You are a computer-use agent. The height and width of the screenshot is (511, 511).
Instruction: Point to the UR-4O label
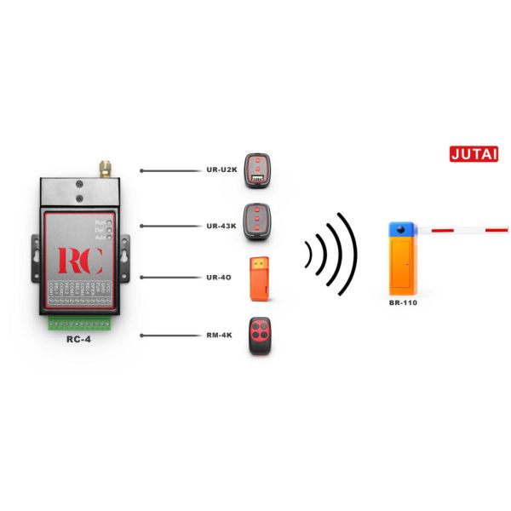(x=220, y=278)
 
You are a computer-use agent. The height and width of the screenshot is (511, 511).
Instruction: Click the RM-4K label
(x=221, y=336)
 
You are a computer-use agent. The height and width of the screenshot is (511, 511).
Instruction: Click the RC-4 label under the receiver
(x=78, y=338)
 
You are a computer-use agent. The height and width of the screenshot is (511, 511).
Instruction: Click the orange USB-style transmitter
(x=259, y=278)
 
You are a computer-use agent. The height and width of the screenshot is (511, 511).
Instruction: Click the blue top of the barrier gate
(x=400, y=229)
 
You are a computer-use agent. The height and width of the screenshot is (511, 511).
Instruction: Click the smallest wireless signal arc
(x=309, y=254)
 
